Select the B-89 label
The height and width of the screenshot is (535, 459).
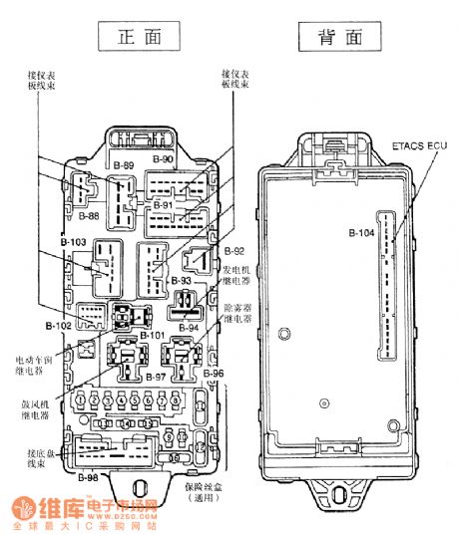pos(124,163)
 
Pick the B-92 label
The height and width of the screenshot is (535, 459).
pos(234,251)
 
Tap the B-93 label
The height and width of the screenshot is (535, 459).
pos(180,281)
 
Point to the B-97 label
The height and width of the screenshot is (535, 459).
pos(155,378)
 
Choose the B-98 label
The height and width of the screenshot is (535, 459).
pos(87,478)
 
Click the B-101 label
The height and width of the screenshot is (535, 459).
pos(152,335)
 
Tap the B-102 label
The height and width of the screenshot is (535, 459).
pos(59,325)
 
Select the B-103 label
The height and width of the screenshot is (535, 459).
pos(73,242)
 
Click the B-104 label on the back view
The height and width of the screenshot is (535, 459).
pos(361,234)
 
